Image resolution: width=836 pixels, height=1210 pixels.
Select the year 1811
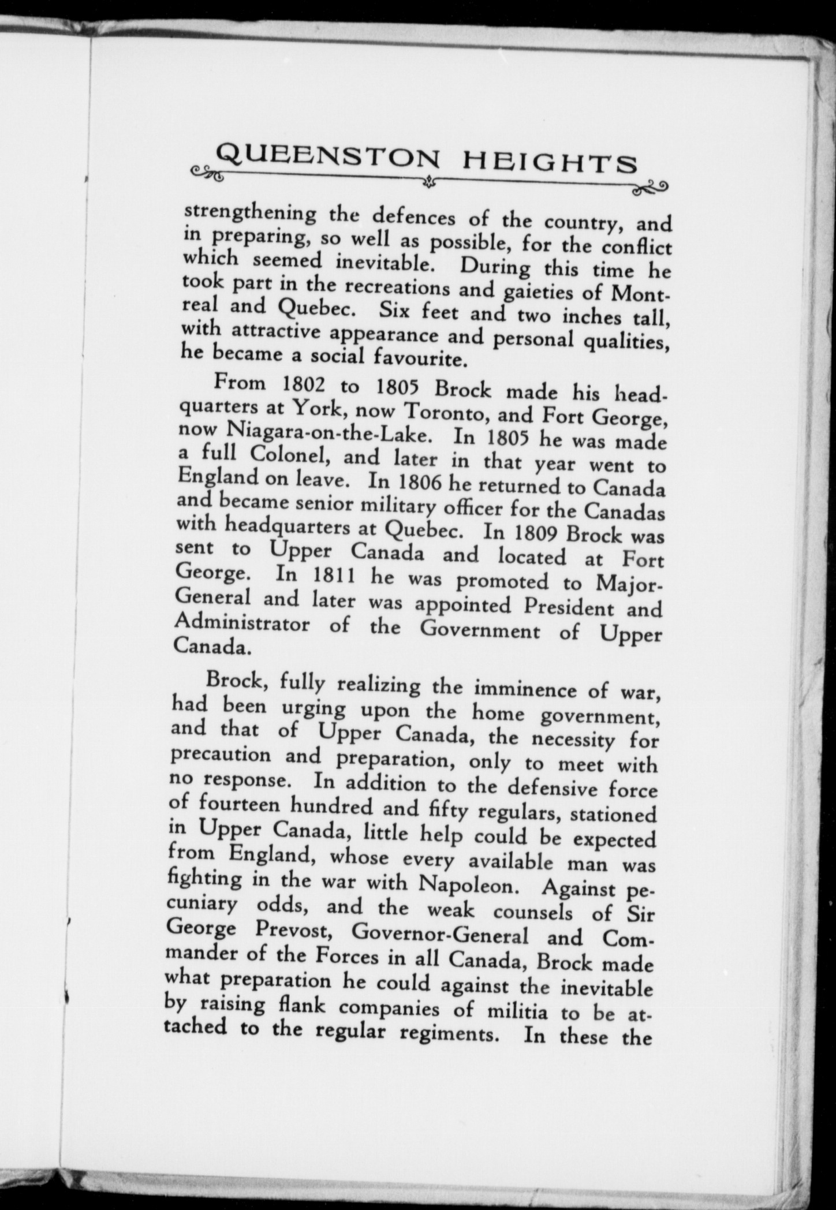[328, 578]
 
